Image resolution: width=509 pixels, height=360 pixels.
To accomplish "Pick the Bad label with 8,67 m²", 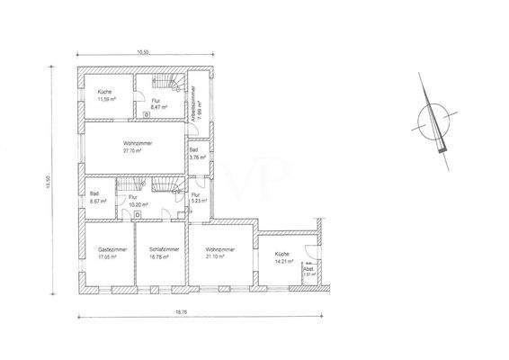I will click(x=95, y=193).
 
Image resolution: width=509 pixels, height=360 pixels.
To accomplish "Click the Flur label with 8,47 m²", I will click(x=156, y=100).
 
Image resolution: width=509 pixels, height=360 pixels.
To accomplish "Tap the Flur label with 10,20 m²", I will click(x=133, y=196).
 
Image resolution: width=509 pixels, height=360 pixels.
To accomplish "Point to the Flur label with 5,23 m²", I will click(x=195, y=194).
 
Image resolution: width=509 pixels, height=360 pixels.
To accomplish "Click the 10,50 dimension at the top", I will click(x=142, y=52).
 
